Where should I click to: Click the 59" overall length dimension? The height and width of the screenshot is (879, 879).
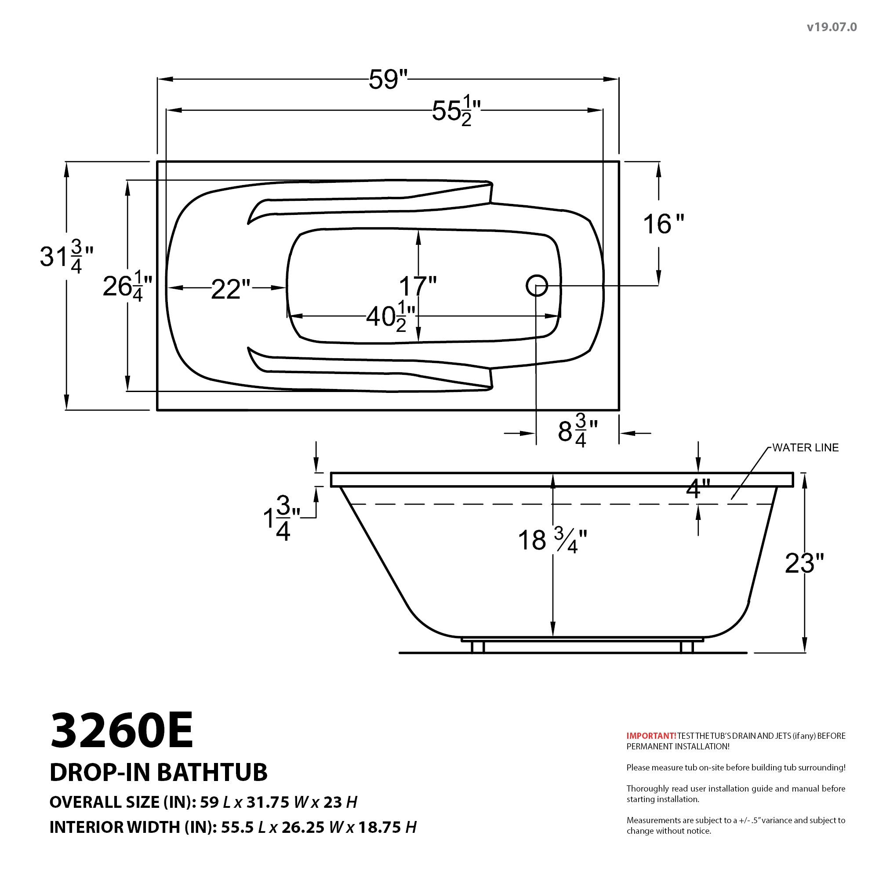(x=388, y=80)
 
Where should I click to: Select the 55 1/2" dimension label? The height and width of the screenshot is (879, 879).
(x=456, y=111)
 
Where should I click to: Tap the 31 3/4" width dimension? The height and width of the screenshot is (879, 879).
(x=66, y=257)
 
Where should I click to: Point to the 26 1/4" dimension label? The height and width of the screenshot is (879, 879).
(x=127, y=287)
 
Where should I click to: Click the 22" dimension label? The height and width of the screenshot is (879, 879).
(x=231, y=289)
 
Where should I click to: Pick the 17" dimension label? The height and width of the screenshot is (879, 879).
(x=418, y=286)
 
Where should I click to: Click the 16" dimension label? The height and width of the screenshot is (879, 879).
(x=663, y=224)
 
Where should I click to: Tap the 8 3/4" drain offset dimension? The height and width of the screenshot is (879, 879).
(x=577, y=430)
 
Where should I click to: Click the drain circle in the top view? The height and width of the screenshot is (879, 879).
(x=537, y=286)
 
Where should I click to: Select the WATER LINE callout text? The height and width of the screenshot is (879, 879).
(x=805, y=448)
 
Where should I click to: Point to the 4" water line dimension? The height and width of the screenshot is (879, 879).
(x=697, y=489)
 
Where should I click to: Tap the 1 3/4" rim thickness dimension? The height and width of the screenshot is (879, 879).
(x=281, y=519)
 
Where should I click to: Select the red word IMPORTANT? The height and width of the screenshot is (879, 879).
(x=651, y=736)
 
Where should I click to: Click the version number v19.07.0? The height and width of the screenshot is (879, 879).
(x=832, y=27)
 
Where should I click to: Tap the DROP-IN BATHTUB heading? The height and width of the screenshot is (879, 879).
(x=158, y=772)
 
